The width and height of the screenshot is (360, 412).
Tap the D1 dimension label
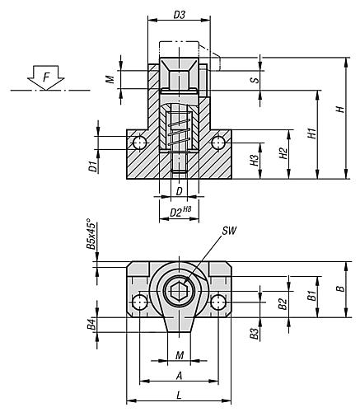[94, 167]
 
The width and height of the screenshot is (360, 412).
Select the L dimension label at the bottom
[179, 394]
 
